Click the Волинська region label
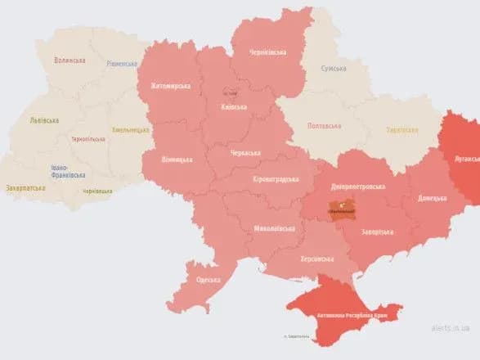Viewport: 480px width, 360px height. [70, 60]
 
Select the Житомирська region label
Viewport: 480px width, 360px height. [170, 85]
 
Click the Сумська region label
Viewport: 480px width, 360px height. [334, 69]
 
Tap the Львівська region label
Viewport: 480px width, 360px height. [44, 120]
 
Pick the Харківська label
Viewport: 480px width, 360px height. [401, 129]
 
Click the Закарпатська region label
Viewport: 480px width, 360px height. [25, 187]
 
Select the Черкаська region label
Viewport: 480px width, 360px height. [244, 152]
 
